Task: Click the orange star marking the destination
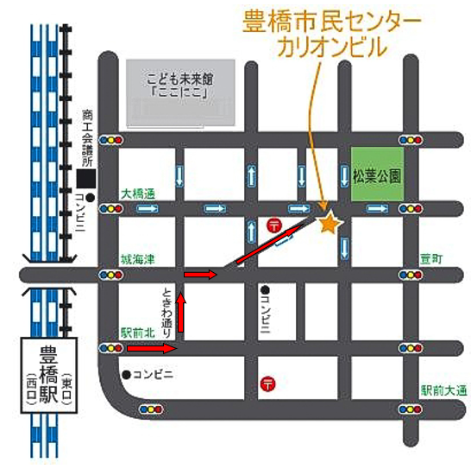pyautogui.click(x=328, y=224)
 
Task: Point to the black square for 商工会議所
pyautogui.click(x=85, y=180)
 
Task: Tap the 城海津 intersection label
pyautogui.click(x=137, y=259)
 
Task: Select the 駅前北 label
pyautogui.click(x=137, y=333)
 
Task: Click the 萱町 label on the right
pyautogui.click(x=431, y=259)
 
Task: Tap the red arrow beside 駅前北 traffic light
pyautogui.click(x=152, y=348)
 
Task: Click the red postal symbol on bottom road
pyautogui.click(x=268, y=383)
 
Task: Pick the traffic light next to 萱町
pyautogui.click(x=408, y=275)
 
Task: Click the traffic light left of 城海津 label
pyautogui.click(x=111, y=275)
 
